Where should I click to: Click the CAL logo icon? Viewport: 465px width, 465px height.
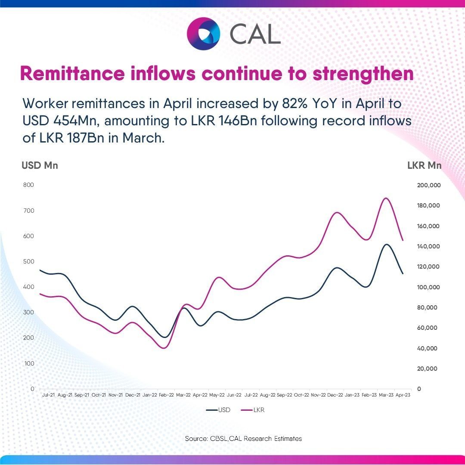pos(203,33)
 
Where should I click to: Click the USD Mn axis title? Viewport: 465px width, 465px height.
pos(40,165)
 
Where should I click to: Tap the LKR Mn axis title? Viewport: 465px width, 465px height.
pos(424,165)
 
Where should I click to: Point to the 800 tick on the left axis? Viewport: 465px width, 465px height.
pos(29,185)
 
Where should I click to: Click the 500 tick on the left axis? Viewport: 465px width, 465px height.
pos(29,262)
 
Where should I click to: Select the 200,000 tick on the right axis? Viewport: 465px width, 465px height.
pos(428,185)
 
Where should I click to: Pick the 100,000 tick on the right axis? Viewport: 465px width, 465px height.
pos(428,287)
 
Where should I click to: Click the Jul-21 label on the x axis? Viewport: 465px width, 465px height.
pos(48,394)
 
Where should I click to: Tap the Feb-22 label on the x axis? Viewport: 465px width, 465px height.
pos(166,394)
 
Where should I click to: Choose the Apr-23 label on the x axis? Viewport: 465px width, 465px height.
pos(403,394)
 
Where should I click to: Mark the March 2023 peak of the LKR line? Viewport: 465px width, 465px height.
pos(386,198)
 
